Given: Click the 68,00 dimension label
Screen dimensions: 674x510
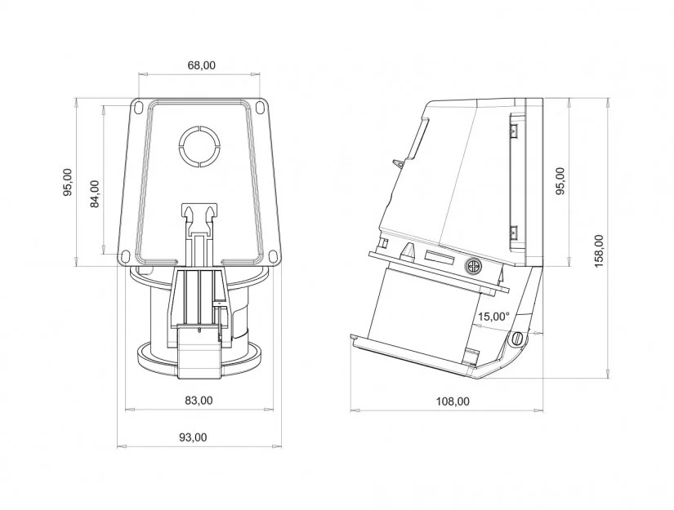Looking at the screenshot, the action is click(x=201, y=65).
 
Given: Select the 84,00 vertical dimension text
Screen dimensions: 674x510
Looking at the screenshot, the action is click(x=95, y=193).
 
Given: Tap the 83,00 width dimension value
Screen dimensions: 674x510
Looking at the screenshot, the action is click(x=199, y=400).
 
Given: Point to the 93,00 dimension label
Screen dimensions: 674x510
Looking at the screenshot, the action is click(x=193, y=437).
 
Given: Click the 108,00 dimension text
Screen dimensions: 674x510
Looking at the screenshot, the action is click(x=453, y=401).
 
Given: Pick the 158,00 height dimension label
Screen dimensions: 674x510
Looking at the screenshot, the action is click(x=599, y=251).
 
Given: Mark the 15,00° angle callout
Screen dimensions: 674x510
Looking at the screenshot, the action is click(x=493, y=317).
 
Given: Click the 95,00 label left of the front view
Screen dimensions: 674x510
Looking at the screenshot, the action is click(x=68, y=182).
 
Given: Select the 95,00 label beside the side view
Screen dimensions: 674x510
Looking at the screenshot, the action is click(x=560, y=180).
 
